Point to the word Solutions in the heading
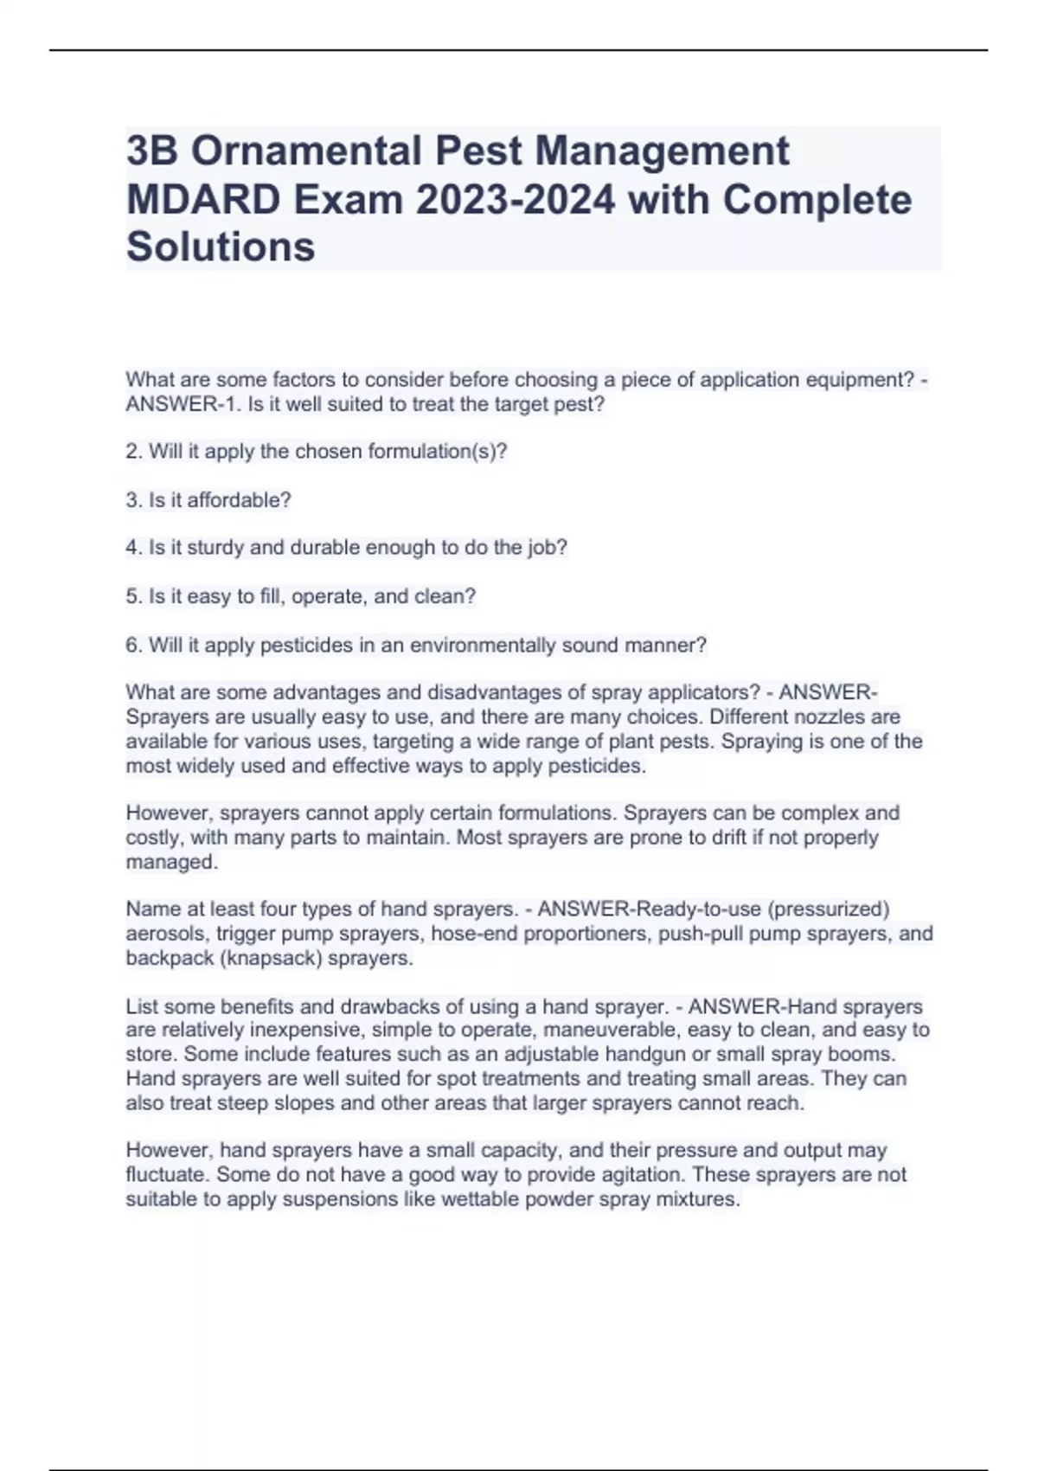221,247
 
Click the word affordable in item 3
239,500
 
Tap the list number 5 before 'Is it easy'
131,597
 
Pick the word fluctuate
167,1175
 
